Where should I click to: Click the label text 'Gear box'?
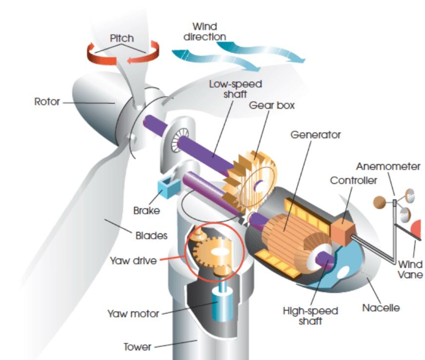coord(272,105)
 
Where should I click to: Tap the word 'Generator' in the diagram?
coord(316,135)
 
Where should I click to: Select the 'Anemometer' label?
coord(388,166)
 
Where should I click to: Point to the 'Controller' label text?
coord(353,181)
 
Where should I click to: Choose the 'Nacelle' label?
coord(381,308)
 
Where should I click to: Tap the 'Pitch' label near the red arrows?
coord(121,38)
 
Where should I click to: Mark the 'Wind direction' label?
coord(205,32)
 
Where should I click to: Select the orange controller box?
coord(341,226)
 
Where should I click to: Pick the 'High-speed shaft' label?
coord(310,316)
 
